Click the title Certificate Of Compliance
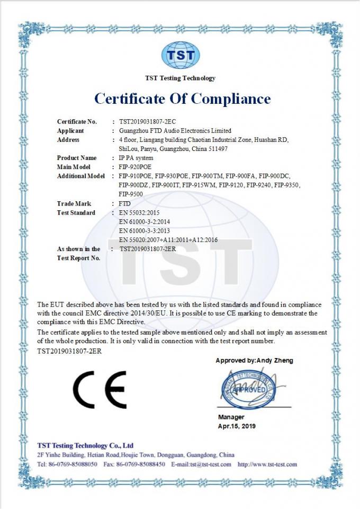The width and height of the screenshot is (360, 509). [182, 99]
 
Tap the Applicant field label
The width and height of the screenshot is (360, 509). [70, 131]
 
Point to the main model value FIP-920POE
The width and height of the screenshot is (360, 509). [136, 167]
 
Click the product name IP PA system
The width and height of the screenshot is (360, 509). [137, 158]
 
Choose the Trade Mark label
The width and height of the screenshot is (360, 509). [74, 203]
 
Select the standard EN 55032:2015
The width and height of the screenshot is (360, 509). [140, 212]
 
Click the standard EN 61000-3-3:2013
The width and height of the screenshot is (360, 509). [144, 230]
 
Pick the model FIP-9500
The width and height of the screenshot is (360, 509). [131, 194]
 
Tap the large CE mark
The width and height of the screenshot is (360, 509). [100, 390]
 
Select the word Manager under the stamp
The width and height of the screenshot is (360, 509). [231, 417]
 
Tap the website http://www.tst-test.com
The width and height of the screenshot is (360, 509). [267, 465]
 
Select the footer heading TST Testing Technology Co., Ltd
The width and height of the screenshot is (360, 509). [86, 445]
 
